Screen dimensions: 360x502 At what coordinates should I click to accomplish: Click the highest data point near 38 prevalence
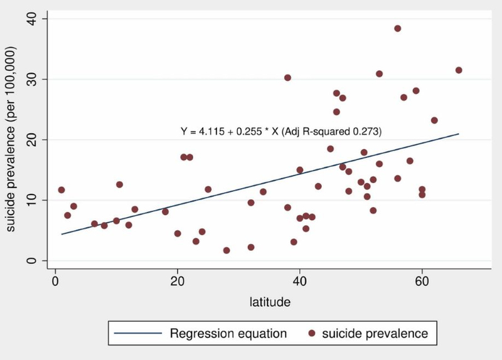click(x=397, y=28)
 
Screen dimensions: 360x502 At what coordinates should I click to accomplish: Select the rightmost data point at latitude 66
click(x=459, y=70)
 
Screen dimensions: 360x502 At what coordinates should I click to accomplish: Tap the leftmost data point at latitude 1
click(x=61, y=190)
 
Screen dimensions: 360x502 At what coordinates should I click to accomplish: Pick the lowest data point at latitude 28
click(x=227, y=250)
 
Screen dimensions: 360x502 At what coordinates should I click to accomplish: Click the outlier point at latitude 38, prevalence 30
click(x=287, y=78)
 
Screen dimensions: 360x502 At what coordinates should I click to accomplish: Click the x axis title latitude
click(x=270, y=302)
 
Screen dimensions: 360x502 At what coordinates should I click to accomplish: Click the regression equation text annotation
click(x=281, y=132)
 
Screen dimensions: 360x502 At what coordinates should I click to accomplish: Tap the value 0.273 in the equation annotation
click(x=366, y=132)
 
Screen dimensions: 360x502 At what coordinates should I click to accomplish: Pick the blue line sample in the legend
click(x=136, y=334)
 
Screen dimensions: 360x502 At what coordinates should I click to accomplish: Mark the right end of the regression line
click(x=459, y=134)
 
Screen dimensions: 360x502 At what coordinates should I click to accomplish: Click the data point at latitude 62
click(x=434, y=120)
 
